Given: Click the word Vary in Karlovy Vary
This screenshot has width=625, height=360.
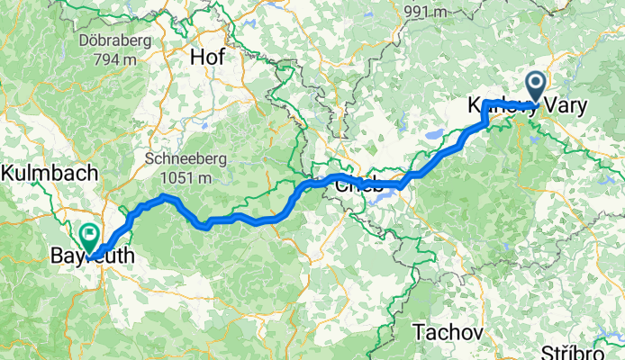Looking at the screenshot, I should tap(566, 105).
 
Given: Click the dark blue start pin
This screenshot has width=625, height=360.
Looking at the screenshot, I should tap(536, 87).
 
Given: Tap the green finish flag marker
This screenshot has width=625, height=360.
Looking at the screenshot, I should tap(90, 237).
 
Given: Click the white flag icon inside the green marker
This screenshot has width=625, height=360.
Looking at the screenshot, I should tap(90, 234).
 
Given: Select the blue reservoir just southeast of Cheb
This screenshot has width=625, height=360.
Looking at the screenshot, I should tap(378, 195).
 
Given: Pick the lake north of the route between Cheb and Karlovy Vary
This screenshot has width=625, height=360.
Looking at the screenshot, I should tap(435, 135).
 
